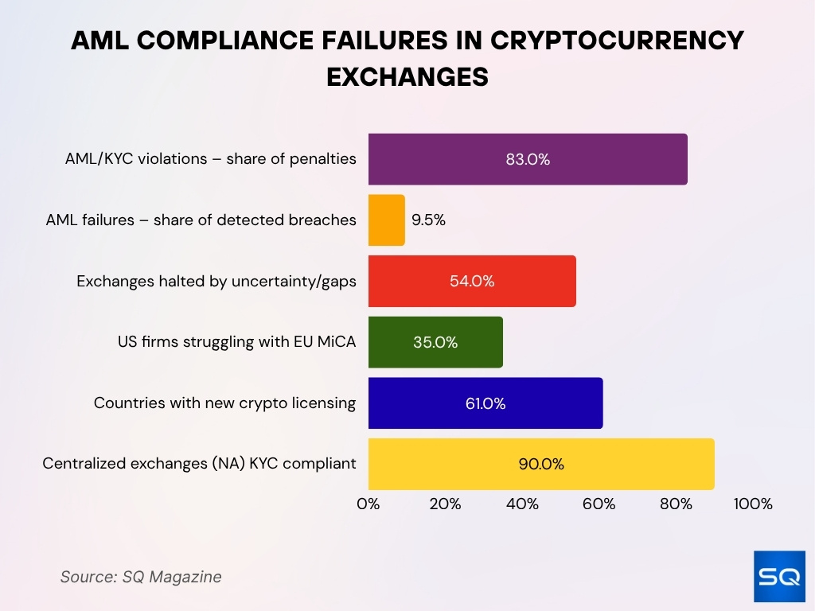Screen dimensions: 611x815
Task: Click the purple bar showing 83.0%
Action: (x=527, y=159)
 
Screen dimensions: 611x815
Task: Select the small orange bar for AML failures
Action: (x=386, y=220)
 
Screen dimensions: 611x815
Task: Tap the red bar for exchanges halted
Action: (x=471, y=281)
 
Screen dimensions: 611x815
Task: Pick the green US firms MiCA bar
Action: (x=435, y=342)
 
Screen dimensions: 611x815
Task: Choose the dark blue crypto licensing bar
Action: (x=485, y=403)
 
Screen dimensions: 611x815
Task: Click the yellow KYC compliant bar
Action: (x=540, y=464)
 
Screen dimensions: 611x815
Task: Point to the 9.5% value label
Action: (x=429, y=220)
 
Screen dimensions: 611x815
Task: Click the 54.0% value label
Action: (x=472, y=281)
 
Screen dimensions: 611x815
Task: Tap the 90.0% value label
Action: (x=541, y=464)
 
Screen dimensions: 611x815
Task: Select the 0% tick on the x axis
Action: (x=369, y=504)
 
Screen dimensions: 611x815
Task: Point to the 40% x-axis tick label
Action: (x=522, y=504)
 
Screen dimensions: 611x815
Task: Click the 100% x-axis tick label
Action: (x=752, y=504)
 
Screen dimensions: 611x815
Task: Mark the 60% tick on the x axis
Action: (x=599, y=504)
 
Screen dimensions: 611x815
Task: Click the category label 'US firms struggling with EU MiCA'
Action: (x=236, y=342)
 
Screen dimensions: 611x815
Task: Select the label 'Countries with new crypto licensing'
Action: (x=224, y=403)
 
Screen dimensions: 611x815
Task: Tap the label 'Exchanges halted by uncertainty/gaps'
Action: (x=216, y=281)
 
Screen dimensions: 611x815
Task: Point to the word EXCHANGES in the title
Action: (x=407, y=76)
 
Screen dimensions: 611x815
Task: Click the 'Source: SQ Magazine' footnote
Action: (x=141, y=577)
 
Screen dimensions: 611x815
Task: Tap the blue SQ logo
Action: (x=779, y=576)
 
